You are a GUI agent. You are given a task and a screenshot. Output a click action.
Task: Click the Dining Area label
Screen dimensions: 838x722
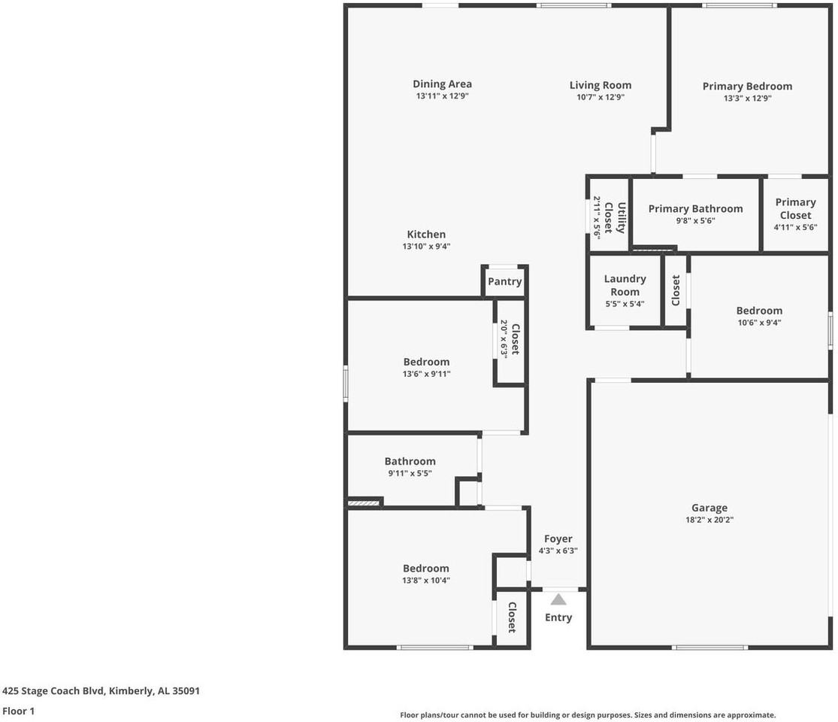pyautogui.click(x=442, y=84)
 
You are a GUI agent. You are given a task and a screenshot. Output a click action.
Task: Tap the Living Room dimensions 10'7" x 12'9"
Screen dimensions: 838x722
pyautogui.click(x=601, y=97)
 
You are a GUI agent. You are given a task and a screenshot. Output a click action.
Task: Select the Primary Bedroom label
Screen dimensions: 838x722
pyautogui.click(x=747, y=86)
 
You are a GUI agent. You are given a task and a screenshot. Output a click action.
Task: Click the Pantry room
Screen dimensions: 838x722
pyautogui.click(x=504, y=281)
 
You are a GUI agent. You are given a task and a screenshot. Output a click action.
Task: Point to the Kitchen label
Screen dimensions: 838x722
pyautogui.click(x=426, y=234)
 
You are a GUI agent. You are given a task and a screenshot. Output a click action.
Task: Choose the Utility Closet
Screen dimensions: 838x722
pyautogui.click(x=609, y=214)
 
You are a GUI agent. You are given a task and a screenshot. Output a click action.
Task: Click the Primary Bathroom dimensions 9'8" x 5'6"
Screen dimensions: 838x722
pyautogui.click(x=695, y=220)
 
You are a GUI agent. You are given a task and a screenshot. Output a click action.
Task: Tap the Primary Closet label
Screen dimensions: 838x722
pyautogui.click(x=795, y=208)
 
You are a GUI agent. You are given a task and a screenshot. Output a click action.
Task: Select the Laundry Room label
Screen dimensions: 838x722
pyautogui.click(x=625, y=285)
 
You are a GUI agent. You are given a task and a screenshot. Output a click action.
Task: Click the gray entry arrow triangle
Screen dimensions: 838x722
pyautogui.click(x=558, y=599)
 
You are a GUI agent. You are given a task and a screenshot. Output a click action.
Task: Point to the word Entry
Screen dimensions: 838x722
pyautogui.click(x=558, y=617)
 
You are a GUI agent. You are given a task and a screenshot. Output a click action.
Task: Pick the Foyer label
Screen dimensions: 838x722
pyautogui.click(x=558, y=538)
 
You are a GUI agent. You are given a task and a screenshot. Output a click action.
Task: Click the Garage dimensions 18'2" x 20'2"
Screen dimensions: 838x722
pyautogui.click(x=709, y=519)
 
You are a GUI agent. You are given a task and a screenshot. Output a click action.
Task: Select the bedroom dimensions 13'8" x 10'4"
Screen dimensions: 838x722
pyautogui.click(x=426, y=580)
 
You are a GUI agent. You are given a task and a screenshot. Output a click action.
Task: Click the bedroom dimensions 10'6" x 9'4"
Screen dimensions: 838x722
pyautogui.click(x=759, y=322)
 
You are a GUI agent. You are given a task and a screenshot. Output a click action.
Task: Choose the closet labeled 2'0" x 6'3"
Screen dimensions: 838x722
pyautogui.click(x=510, y=340)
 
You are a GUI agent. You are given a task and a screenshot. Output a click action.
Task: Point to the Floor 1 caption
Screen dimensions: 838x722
pyautogui.click(x=18, y=711)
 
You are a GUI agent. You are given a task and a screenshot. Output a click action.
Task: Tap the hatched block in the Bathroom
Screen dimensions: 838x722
pyautogui.click(x=364, y=502)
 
